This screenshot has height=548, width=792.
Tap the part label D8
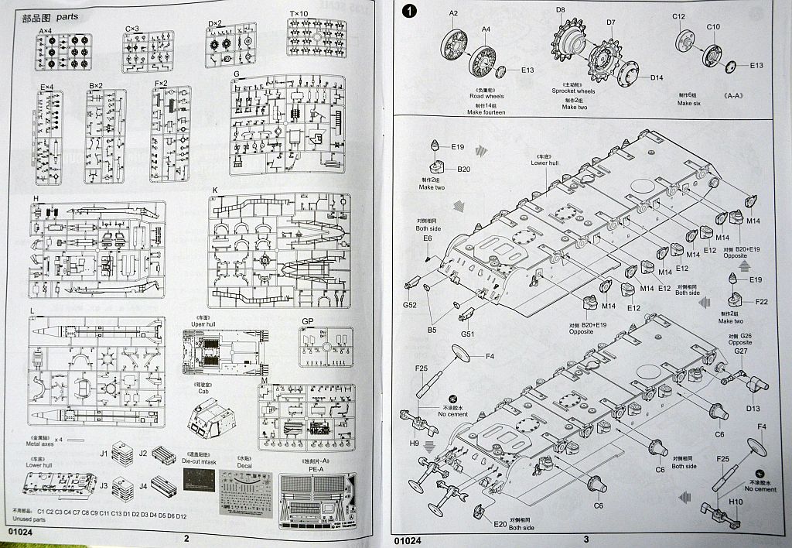(x=559, y=10)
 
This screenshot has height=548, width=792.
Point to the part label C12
(x=678, y=16)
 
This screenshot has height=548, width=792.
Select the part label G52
(x=409, y=284)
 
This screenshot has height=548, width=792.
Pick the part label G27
(x=741, y=351)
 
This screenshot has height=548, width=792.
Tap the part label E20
(x=500, y=524)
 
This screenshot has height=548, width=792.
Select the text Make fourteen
(x=486, y=112)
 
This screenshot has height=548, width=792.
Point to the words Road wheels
(x=486, y=98)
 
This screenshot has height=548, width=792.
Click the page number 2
(x=186, y=539)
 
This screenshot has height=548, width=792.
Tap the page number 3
(x=585, y=539)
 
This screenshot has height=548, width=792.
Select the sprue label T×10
(x=298, y=13)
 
